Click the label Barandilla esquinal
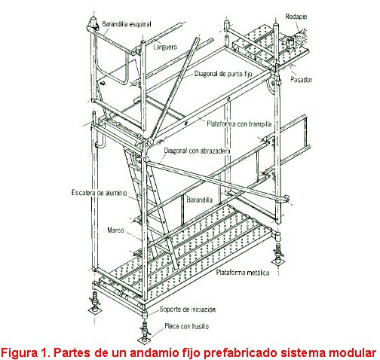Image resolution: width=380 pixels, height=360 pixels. click(127, 24)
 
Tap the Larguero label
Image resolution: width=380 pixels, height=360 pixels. click(165, 47)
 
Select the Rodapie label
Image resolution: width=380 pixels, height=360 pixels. click(296, 17)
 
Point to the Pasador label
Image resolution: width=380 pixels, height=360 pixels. click(301, 80)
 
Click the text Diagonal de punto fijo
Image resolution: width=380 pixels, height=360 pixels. click(223, 74)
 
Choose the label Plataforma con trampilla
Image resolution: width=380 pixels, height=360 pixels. click(239, 124)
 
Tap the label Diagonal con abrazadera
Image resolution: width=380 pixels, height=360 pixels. click(197, 151)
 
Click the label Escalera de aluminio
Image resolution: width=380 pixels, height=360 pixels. click(99, 193)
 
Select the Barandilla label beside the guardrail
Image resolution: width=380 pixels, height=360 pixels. click(200, 200)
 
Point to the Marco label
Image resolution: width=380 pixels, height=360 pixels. click(115, 230)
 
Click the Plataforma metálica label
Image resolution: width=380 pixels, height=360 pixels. click(243, 273)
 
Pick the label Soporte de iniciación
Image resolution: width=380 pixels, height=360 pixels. click(188, 309)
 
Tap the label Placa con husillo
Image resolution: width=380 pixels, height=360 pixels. click(186, 326)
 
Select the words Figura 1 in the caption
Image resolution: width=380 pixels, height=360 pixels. click(26, 353)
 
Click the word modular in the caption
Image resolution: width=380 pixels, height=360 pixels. click(356, 352)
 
